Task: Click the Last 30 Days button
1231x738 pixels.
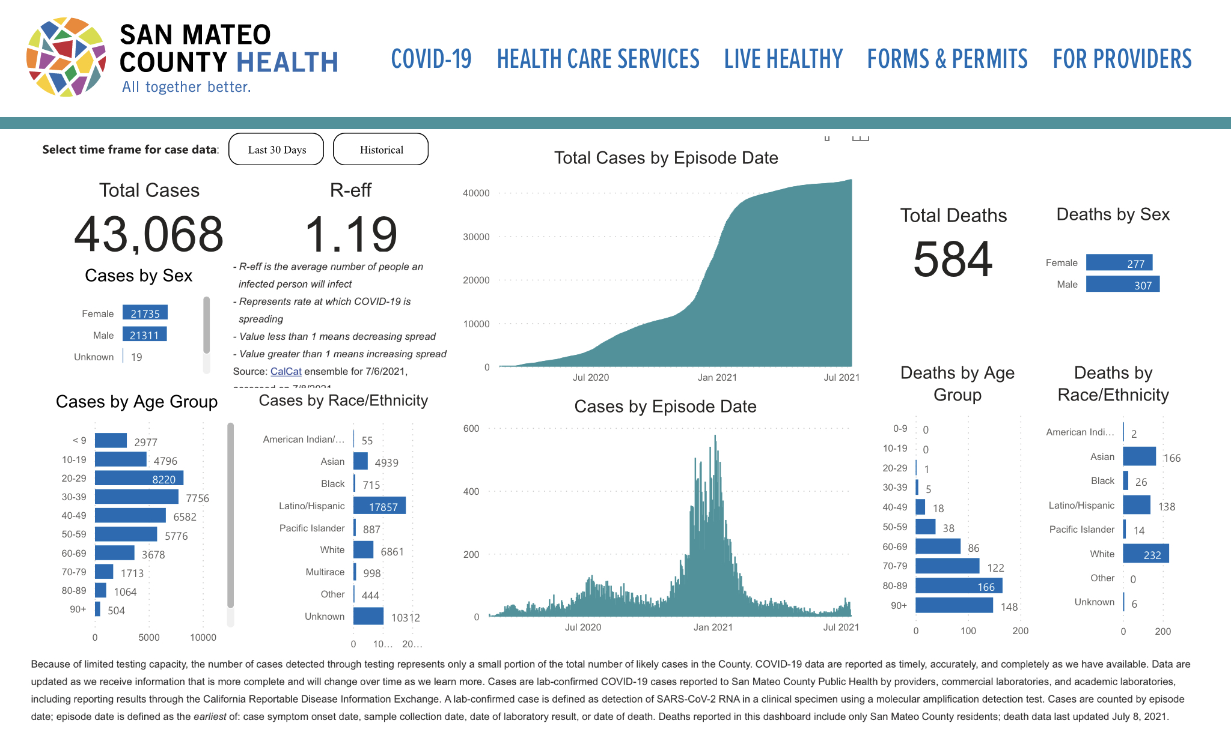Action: click(276, 150)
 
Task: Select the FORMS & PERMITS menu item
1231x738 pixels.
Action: click(947, 59)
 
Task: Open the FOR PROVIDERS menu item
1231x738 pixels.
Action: click(1122, 59)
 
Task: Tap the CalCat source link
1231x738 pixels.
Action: click(286, 372)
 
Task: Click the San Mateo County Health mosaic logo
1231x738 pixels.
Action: click(66, 57)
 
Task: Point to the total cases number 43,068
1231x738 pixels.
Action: click(148, 234)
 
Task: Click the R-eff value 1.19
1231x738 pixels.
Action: click(351, 234)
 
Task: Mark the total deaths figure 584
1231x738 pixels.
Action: click(953, 259)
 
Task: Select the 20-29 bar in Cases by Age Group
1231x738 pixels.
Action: click(139, 479)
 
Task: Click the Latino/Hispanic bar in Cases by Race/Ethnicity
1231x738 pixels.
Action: click(379, 506)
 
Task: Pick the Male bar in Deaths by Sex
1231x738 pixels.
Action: click(1122, 284)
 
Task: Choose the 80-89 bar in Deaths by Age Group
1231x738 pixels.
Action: click(959, 585)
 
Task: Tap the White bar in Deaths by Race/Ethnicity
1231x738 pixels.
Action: click(1146, 554)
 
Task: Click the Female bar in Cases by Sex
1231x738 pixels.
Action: click(145, 313)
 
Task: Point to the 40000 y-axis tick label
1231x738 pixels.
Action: click(476, 193)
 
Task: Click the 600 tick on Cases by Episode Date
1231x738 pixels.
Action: click(471, 429)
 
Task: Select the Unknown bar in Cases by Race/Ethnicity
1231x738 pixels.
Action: click(368, 616)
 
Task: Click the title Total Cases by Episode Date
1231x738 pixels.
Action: click(666, 158)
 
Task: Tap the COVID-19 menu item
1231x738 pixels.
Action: click(431, 59)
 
